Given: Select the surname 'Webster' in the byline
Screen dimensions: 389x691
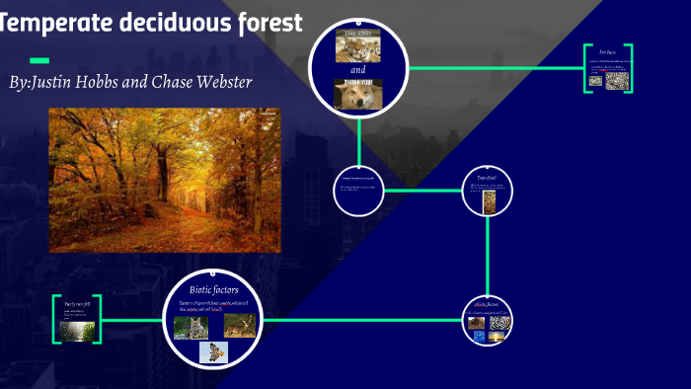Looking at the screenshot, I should (x=216, y=82).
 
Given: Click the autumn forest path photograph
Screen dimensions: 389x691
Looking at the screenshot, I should (x=165, y=180).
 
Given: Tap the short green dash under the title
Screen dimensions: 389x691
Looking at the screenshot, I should (x=39, y=60).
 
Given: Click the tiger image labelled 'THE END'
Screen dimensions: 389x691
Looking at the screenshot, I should (x=357, y=45).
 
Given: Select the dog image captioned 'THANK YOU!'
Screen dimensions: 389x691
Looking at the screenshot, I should (x=357, y=94).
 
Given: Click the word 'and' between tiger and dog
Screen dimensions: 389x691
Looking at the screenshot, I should (x=357, y=70).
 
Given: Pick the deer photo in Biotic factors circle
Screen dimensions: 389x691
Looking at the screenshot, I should (x=239, y=326).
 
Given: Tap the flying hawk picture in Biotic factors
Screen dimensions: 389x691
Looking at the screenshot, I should (x=213, y=352).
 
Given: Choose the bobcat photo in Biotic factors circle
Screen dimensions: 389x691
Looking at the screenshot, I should (x=190, y=327).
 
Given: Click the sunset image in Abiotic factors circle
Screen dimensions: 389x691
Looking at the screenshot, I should (x=498, y=337).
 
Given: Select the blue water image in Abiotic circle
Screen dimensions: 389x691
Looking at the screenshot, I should (x=479, y=337).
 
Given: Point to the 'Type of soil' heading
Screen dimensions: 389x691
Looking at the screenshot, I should (x=488, y=178).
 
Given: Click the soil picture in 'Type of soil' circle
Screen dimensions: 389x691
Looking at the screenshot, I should (x=488, y=201).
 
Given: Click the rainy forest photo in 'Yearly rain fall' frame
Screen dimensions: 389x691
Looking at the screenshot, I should (x=77, y=330).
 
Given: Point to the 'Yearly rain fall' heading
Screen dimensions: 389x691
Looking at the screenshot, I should (x=77, y=305).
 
